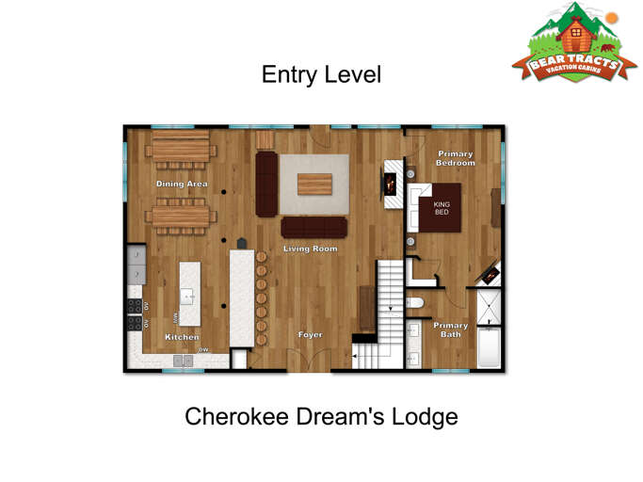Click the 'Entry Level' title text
point(321,74)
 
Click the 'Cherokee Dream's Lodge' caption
point(321,416)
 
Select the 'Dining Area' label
point(182,184)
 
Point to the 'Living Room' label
point(311,249)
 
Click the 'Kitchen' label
point(182,337)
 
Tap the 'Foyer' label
point(311,334)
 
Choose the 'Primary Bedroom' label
point(455,158)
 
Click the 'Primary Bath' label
point(450,329)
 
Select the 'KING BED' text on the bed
point(442,207)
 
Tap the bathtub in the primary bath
point(490,346)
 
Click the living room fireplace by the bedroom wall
point(390,182)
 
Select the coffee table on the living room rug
point(313,184)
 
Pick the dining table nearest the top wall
point(181,147)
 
